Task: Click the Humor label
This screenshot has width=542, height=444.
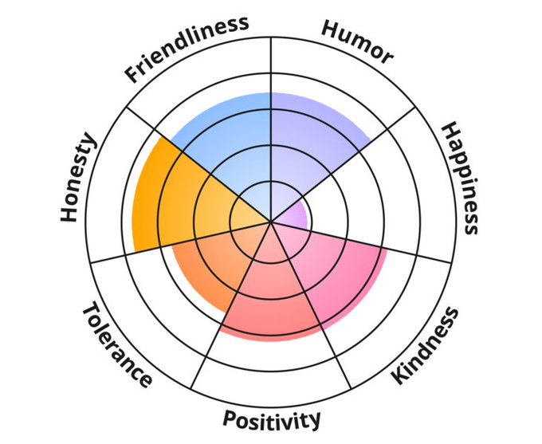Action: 357,40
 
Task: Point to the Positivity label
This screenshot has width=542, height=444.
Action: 271,418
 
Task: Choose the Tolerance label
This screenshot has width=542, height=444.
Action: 116,345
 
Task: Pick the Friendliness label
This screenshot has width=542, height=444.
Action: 187,49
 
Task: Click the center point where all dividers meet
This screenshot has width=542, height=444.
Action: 271,221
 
